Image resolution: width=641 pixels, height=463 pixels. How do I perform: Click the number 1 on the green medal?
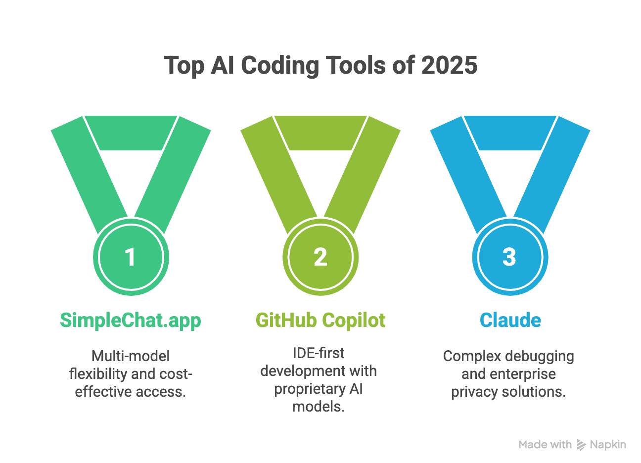[x=130, y=257]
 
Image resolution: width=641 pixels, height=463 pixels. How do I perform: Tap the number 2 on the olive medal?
[x=320, y=257]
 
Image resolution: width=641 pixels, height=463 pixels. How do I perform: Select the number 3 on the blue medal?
[x=509, y=257]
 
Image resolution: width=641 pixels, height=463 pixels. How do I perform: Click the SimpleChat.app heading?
[x=131, y=321]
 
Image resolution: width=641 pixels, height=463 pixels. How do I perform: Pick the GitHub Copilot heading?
[x=320, y=321]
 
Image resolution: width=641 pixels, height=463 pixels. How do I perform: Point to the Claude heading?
[x=510, y=321]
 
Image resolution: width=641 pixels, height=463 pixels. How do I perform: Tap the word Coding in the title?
[x=280, y=66]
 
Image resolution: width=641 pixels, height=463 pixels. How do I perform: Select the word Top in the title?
[x=183, y=66]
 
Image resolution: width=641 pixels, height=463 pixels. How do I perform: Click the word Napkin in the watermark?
[x=608, y=445]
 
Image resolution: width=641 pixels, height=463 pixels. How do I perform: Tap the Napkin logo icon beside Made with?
[x=581, y=445]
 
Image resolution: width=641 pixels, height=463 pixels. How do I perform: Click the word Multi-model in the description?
[x=131, y=356]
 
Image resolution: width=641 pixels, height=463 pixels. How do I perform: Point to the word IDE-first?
[x=319, y=353]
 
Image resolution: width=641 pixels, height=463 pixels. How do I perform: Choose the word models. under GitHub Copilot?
[x=319, y=407]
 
